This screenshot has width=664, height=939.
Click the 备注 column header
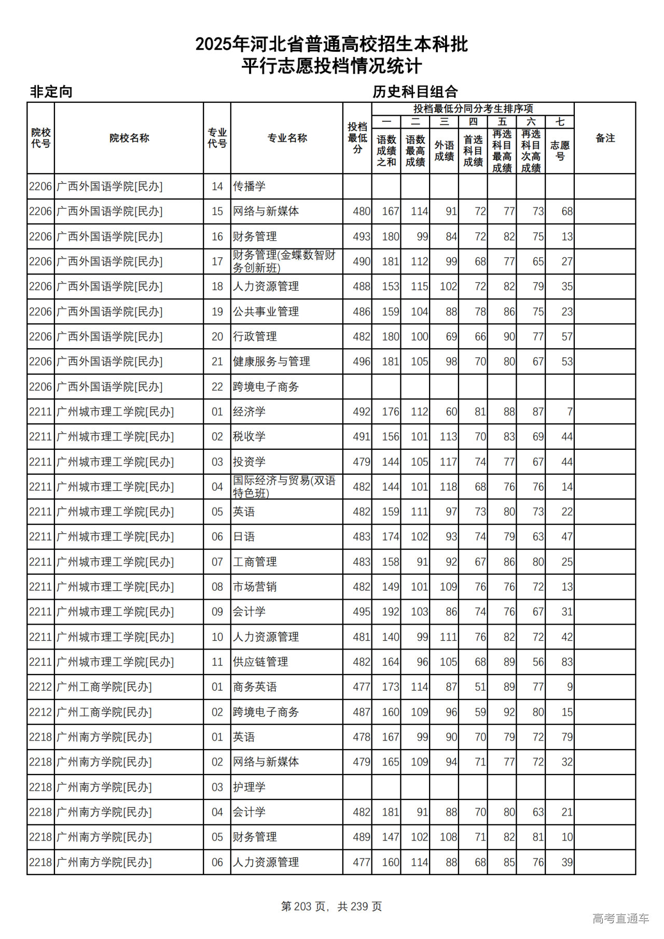coord(605,138)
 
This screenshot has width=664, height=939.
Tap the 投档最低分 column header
coord(357,138)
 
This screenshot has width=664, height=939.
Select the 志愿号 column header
coord(560,150)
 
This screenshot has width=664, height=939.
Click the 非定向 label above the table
coord(51,92)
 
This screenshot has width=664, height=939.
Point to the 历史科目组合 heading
coord(415,92)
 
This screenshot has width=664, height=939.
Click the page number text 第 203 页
coord(303,906)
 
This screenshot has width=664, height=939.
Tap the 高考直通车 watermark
coord(620,918)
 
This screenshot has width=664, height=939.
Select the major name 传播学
coord(249,186)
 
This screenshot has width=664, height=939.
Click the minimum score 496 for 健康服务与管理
coord(362,362)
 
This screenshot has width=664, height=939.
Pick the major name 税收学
coord(249,437)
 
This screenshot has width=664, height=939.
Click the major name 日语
coord(244,537)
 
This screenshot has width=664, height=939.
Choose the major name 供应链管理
coord(260,662)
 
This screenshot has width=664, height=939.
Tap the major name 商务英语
coord(255,687)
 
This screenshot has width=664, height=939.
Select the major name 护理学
coord(249,787)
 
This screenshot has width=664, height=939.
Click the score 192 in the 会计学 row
coord(391,612)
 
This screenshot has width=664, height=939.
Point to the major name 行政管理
coord(255,337)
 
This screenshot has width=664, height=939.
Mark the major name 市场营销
coord(255,587)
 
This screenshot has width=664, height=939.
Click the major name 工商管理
coord(255,562)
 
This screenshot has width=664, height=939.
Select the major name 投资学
coord(249,462)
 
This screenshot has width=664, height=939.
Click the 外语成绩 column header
coord(444,150)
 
